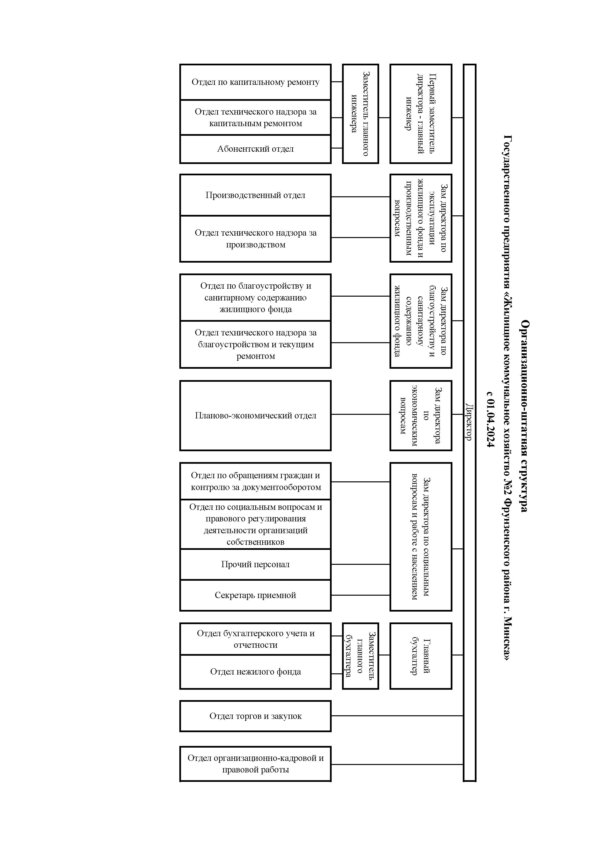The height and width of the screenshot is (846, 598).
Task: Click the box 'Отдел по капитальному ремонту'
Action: coord(255,82)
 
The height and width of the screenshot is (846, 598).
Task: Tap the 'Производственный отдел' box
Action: coord(255,195)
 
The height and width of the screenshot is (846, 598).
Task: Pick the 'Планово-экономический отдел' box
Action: coord(255,416)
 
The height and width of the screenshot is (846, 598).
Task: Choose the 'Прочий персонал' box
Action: coord(255,565)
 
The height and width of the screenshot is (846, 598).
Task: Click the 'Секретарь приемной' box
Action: coord(255,595)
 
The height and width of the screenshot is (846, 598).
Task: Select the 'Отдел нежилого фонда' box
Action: coord(255,672)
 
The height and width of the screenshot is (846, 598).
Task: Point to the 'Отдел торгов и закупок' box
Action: coord(255,716)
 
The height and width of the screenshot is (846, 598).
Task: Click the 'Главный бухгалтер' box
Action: coord(421,656)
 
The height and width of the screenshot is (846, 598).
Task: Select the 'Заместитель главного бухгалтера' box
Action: coord(361,656)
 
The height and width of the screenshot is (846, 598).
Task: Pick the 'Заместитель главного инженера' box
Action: coord(361,114)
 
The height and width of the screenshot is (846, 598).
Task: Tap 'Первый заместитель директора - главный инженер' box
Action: coord(421,114)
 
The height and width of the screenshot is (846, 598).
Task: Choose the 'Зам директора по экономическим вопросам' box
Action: coord(421,416)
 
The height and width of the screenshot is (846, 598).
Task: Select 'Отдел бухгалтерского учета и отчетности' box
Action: coord(255,639)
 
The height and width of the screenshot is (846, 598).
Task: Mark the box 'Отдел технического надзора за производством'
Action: coord(255,239)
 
